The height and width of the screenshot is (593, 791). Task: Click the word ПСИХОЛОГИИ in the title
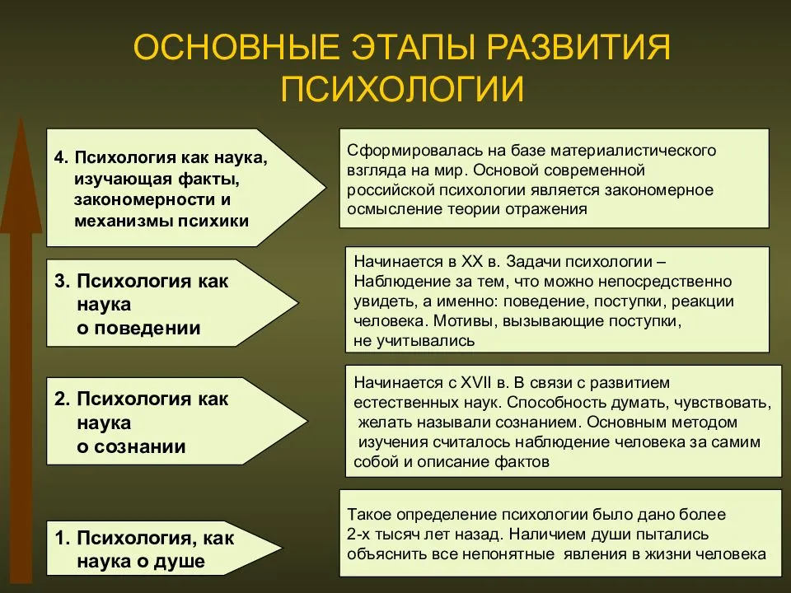point(402,89)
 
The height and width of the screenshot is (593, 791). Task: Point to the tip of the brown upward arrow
point(21,118)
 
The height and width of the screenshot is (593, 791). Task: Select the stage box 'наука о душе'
point(165,549)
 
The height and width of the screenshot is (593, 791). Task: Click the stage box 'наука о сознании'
point(177,421)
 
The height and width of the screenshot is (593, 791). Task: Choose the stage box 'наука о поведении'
point(172,303)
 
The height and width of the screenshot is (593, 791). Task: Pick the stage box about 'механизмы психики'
point(186,188)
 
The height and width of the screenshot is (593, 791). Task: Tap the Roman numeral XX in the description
point(471,262)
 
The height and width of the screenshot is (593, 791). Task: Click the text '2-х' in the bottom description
point(358,534)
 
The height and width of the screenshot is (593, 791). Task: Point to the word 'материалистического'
point(634,150)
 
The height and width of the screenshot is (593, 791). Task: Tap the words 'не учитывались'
point(414,341)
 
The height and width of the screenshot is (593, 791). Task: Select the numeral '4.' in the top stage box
point(61,157)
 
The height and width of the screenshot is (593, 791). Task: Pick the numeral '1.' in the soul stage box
point(62,538)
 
